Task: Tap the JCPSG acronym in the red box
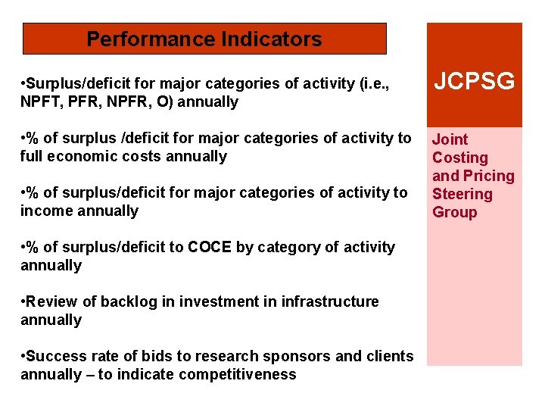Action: pyautogui.click(x=474, y=81)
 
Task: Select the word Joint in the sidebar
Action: pyautogui.click(x=450, y=139)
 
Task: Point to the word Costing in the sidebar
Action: pyautogui.click(x=460, y=158)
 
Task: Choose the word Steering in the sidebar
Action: pyautogui.click(x=462, y=194)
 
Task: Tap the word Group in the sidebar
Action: pyautogui.click(x=454, y=212)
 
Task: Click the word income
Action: pyautogui.click(x=45, y=211)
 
